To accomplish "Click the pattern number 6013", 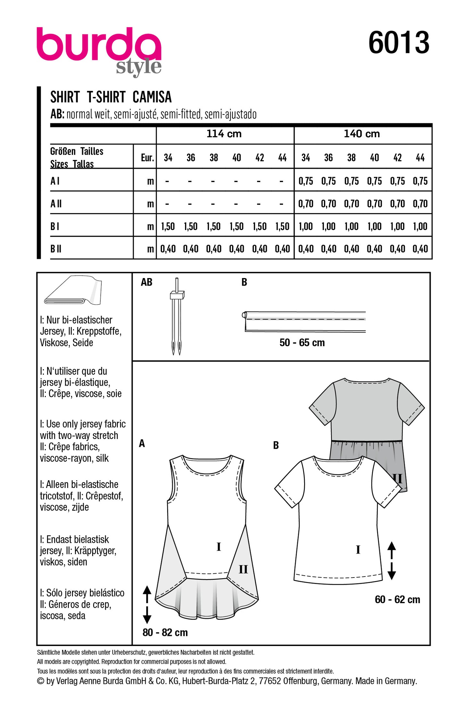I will click(399, 43).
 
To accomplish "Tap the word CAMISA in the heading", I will click(152, 97).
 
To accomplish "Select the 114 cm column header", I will click(224, 134).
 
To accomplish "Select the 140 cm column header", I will click(362, 134).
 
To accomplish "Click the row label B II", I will click(56, 249).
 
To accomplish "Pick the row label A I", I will click(55, 181).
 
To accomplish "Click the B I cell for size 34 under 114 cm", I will click(168, 226).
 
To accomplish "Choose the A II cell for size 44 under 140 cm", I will click(420, 204).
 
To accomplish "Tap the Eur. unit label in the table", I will click(147, 158).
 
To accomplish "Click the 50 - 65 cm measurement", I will click(302, 343).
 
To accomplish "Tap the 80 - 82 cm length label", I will click(165, 632).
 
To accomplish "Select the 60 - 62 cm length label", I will click(397, 599).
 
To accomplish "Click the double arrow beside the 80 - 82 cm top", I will click(147, 604).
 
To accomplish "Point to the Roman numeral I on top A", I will click(218, 547).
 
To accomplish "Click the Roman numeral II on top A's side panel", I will click(243, 569).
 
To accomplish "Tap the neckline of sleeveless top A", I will click(207, 470).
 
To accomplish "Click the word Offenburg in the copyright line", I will click(300, 681).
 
